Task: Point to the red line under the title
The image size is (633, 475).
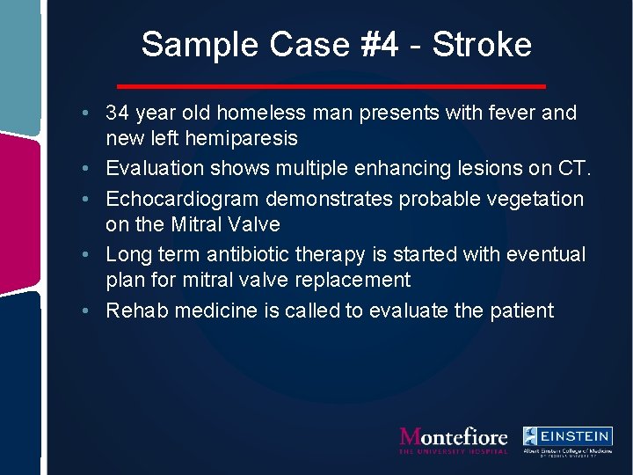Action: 332,86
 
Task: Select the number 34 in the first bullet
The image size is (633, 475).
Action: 118,113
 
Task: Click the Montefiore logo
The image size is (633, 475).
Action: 454,439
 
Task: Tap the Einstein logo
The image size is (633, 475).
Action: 568,439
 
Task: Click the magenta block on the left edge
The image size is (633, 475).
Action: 19,211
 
